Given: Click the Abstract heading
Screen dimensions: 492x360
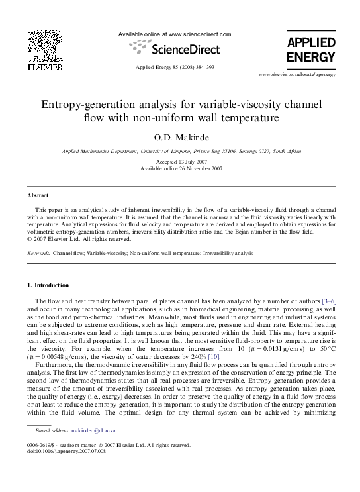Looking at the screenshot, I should pyautogui.click(x=37, y=196).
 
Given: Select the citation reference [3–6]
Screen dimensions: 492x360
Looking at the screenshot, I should pyautogui.click(x=329, y=301).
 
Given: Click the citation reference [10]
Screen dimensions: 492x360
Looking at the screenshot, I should pyautogui.click(x=214, y=357).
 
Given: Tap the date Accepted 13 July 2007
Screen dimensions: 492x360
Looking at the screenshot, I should pyautogui.click(x=181, y=162).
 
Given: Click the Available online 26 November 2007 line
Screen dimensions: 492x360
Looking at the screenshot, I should pyautogui.click(x=181, y=169).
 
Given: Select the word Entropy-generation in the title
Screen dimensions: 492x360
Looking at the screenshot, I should pyautogui.click(x=85, y=105).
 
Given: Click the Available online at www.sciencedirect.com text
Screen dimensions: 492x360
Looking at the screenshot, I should pyautogui.click(x=175, y=34).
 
